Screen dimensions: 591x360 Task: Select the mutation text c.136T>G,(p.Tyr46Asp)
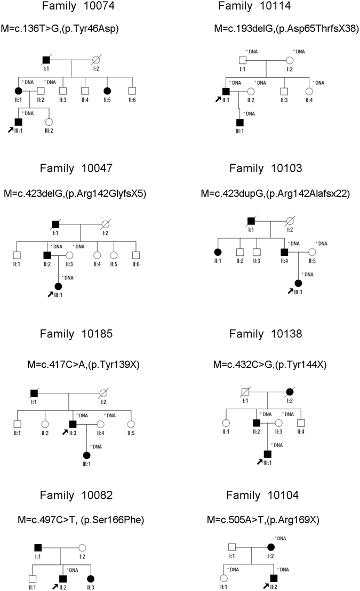pyautogui.click(x=80, y=28)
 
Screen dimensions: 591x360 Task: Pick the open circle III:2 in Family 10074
pyautogui.click(x=49, y=122)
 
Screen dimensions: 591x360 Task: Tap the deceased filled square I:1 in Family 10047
pyautogui.click(x=55, y=224)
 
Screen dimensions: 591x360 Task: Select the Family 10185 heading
pyautogui.click(x=81, y=334)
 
